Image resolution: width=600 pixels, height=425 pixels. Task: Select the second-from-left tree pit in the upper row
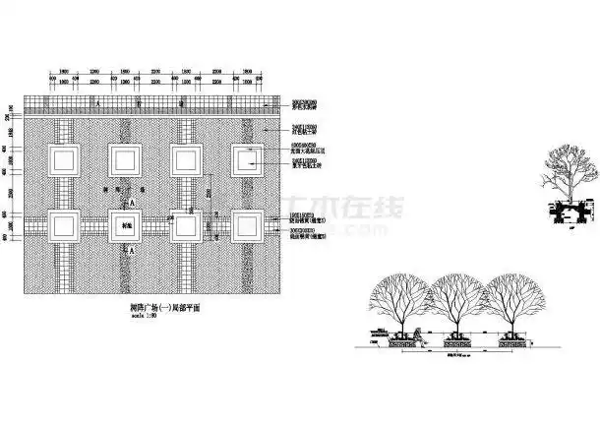[x=126, y=160]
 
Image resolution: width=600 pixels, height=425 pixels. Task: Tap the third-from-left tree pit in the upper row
[x=186, y=160]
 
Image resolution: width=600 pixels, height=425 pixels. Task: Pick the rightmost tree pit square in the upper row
[x=247, y=160]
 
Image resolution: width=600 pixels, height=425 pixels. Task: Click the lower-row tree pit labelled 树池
[x=126, y=225]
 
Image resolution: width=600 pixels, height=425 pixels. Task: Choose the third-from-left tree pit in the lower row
[x=186, y=225]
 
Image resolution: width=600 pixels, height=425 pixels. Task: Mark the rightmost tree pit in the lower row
[x=247, y=225]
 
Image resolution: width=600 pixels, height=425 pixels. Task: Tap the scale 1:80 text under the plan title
[x=144, y=317]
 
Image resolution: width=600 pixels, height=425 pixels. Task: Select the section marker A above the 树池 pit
[x=134, y=200]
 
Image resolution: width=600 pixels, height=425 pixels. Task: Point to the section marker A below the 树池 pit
[x=134, y=251]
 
